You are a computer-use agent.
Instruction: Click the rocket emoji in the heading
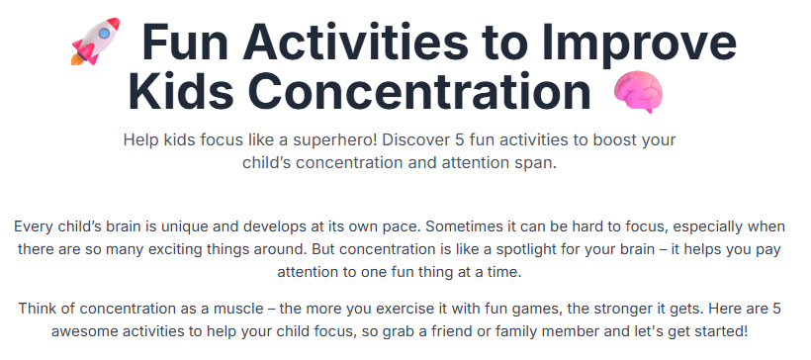tap(95, 42)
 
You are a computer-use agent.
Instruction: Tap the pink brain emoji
tap(638, 92)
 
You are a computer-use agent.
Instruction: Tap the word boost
tap(613, 139)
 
